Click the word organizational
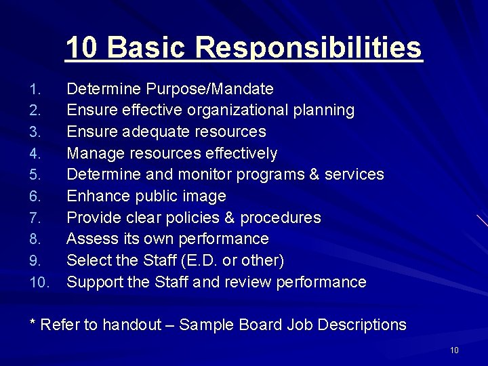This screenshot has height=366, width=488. coord(242,110)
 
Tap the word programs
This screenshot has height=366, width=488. coord(268,174)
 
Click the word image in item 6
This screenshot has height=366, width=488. coord(206,196)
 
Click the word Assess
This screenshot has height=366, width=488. coord(91,239)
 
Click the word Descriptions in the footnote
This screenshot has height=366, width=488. coord(361,325)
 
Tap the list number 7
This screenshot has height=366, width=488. coord(36,218)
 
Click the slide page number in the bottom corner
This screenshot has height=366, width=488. coord(454,350)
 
